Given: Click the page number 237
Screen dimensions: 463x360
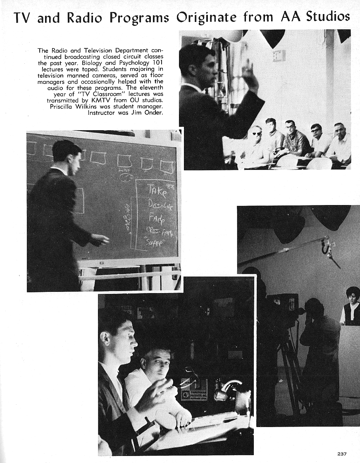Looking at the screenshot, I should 342,454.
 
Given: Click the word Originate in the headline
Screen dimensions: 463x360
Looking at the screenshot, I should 207,17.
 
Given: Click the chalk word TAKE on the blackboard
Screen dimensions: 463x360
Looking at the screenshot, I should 157,190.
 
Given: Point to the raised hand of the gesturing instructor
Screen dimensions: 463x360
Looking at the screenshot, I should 249,72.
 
